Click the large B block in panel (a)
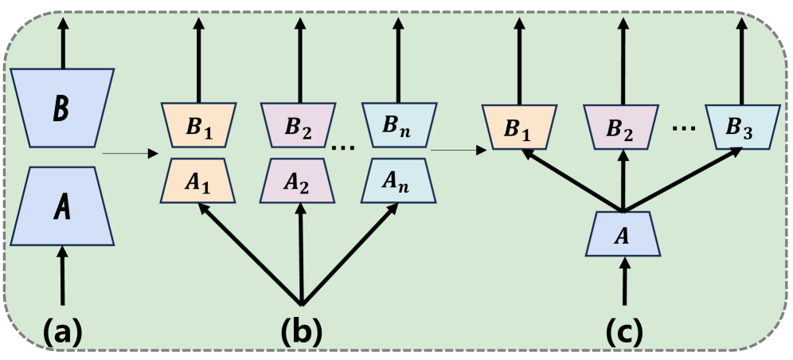point(64,108)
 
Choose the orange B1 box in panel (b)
point(198,126)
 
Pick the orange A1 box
point(198,181)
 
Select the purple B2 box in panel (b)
point(300,126)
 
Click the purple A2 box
point(300,181)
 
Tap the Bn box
point(398,126)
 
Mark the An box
point(398,181)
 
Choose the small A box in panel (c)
point(623,234)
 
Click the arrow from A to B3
point(683,179)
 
